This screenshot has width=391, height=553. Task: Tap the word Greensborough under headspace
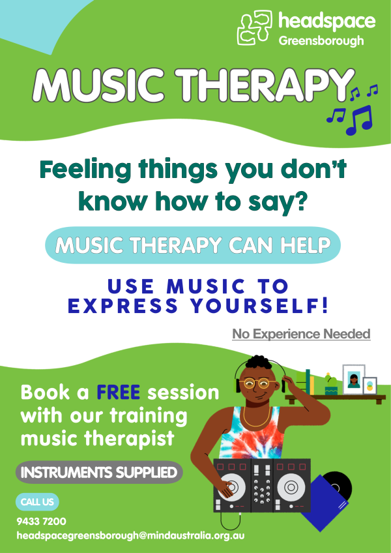tap(321, 41)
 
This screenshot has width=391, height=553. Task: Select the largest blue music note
tap(360, 120)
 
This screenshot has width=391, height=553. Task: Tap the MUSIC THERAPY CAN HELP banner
tap(193, 245)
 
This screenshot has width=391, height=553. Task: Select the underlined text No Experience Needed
tap(301, 334)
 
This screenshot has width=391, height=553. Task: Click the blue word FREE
tap(119, 392)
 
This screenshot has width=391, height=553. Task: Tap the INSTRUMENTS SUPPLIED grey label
tap(99, 472)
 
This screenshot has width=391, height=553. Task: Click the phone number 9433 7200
tap(41, 521)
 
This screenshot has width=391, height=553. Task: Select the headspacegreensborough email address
tap(130, 536)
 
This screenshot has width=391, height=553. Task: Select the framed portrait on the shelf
tap(354, 379)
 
